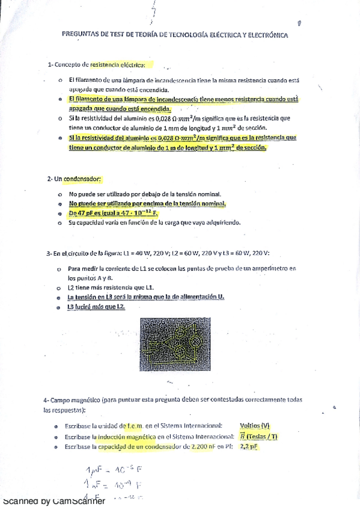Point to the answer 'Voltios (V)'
[x=254, y=425]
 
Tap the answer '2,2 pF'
[x=249, y=447]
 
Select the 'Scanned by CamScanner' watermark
[x=54, y=501]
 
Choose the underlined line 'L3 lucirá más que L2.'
[x=97, y=307]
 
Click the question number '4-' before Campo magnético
[x=46, y=400]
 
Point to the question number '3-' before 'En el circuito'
[x=49, y=254]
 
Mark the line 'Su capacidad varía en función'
[x=154, y=223]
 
